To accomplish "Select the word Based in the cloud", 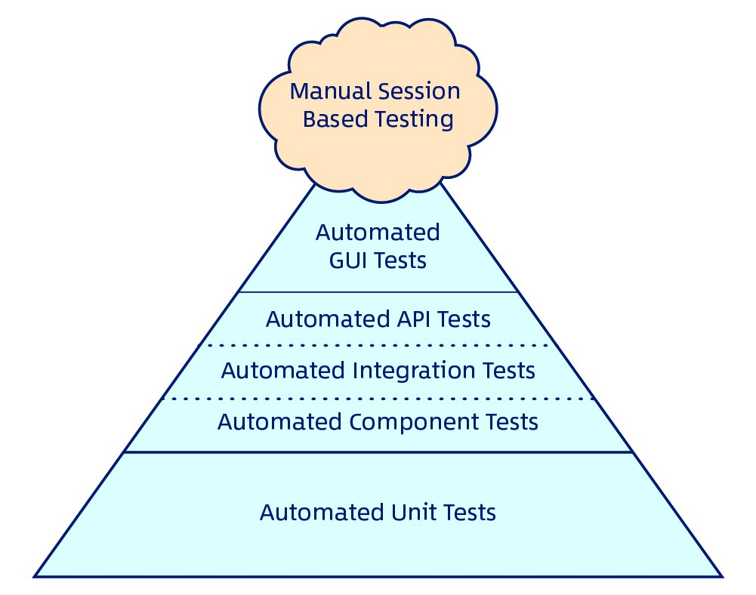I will pyautogui.click(x=335, y=119).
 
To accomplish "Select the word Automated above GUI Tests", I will pyautogui.click(x=378, y=231).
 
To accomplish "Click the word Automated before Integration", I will pyautogui.click(x=283, y=371).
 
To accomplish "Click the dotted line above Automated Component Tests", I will pyautogui.click(x=378, y=398).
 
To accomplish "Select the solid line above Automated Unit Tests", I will pyautogui.click(x=378, y=452).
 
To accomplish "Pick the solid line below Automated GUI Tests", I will pyautogui.click(x=378, y=291).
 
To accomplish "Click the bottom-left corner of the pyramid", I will pyautogui.click(x=35, y=576).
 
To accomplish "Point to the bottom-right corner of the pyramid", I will pyautogui.click(x=721, y=576).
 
